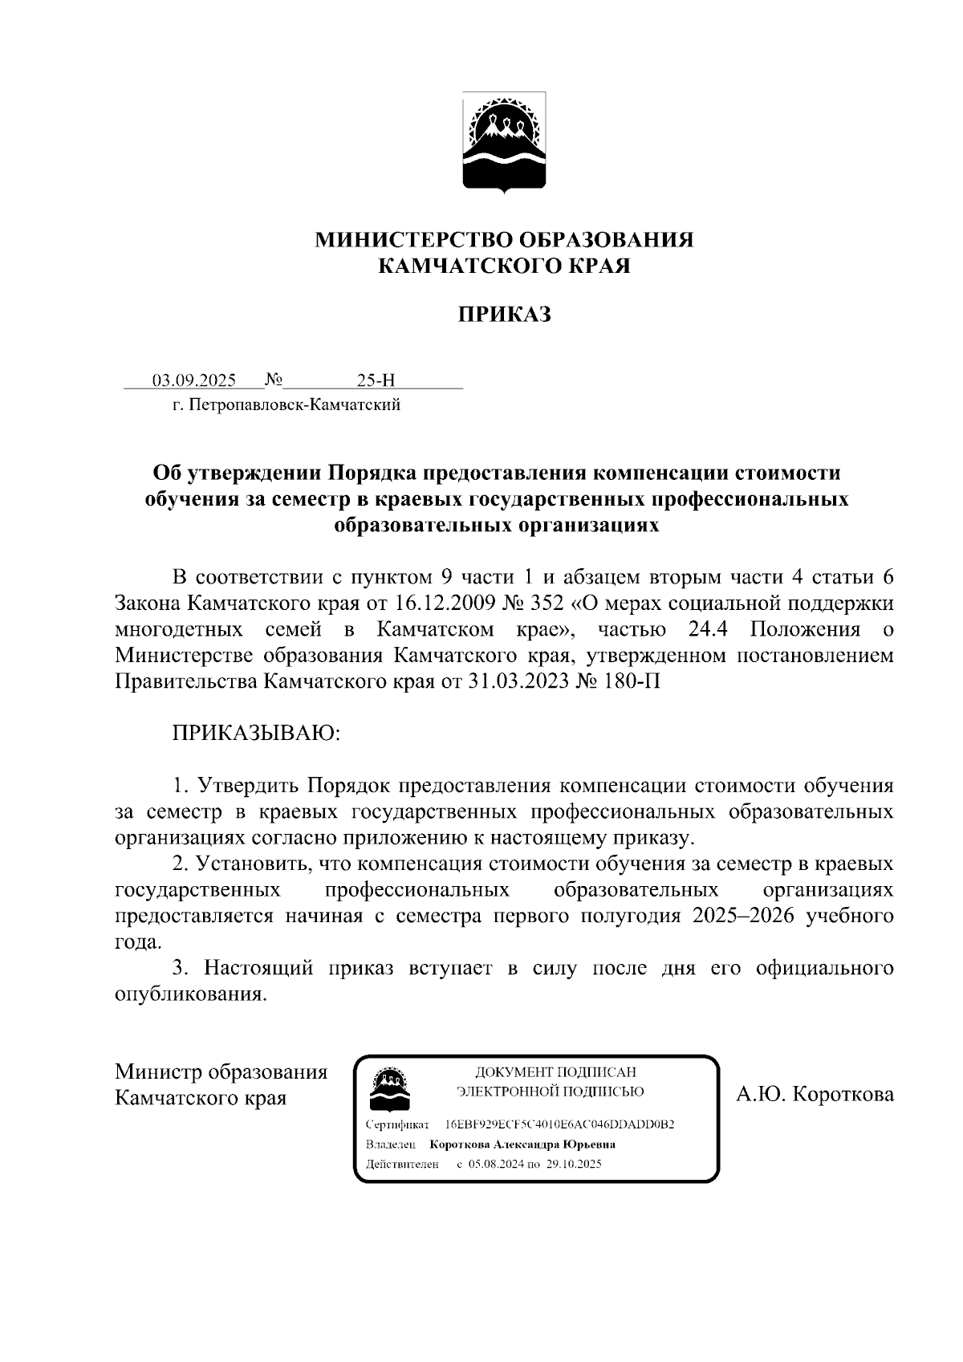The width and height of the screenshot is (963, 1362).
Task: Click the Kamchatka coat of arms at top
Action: tap(504, 142)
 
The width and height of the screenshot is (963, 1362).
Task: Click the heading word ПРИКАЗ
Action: tap(504, 315)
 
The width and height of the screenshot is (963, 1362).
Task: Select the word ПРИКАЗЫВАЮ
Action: tap(256, 734)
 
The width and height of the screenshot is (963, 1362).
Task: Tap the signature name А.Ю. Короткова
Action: tap(815, 1094)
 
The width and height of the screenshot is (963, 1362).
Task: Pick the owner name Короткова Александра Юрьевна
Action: tap(522, 1144)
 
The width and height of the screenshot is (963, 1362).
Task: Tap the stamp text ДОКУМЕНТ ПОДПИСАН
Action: tap(555, 1071)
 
